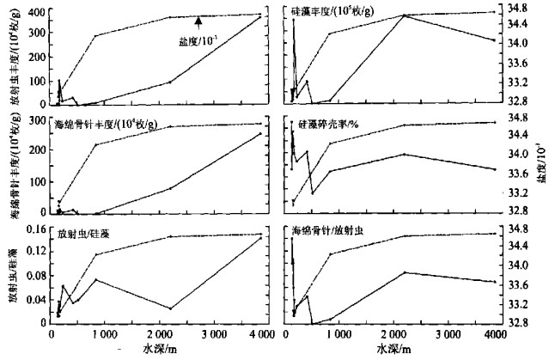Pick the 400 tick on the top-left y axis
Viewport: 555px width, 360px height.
coord(37,13)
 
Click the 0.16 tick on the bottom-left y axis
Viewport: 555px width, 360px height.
coord(34,229)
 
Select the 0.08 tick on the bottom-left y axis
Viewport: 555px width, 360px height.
coord(34,277)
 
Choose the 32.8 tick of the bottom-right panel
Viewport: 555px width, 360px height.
coord(518,323)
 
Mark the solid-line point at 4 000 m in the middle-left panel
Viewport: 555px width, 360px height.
coord(260,133)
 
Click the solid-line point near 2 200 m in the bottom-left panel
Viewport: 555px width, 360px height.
coord(171,308)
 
